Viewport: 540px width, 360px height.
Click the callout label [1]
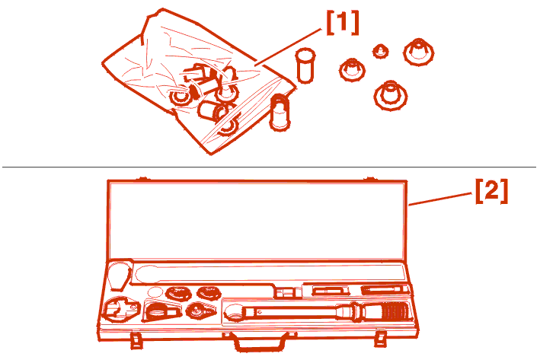tap(342, 23)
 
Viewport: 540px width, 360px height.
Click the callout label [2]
tap(491, 191)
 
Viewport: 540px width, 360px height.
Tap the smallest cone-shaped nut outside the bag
tap(381, 51)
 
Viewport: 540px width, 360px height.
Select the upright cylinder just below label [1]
tap(305, 65)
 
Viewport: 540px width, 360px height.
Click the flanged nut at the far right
tap(418, 52)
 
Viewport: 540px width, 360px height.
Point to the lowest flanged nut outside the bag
tap(391, 95)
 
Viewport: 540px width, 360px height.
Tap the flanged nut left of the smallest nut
tap(352, 69)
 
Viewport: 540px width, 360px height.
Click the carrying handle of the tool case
tap(260, 342)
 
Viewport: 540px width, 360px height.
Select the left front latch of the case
tap(136, 339)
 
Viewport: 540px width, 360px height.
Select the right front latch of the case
tap(381, 339)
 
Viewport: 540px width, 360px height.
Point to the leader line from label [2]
tap(440, 199)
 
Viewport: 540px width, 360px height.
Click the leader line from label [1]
tap(288, 46)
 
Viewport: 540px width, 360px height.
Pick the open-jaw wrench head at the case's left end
tap(120, 310)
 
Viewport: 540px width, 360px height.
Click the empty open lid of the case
tap(257, 220)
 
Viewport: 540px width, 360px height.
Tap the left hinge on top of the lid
tap(142, 179)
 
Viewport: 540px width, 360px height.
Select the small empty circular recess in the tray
tap(155, 292)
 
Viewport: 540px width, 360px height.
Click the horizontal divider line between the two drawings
tap(269, 167)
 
